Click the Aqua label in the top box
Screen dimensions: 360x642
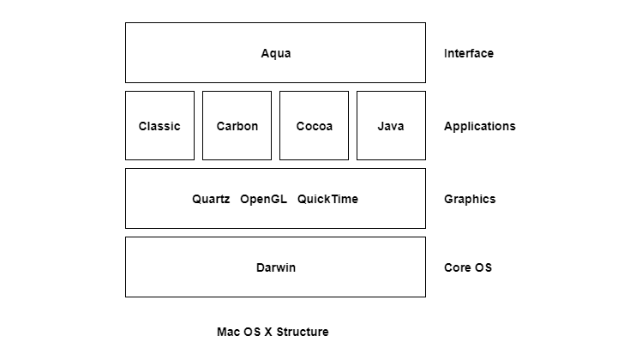[275, 53]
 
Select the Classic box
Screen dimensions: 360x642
[159, 125]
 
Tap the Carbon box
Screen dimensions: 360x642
[237, 125]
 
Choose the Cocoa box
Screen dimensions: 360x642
[314, 125]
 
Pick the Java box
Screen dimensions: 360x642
[391, 125]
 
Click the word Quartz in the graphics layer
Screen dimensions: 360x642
[211, 199]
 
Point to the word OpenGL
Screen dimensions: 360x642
[264, 199]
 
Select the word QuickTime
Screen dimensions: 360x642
[327, 199]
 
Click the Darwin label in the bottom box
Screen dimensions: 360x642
[275, 267]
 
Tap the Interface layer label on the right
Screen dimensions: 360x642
[468, 53]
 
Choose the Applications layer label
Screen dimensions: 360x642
[479, 126]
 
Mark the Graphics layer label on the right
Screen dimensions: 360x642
[469, 199]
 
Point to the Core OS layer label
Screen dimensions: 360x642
[467, 267]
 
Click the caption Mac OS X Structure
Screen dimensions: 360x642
[273, 332]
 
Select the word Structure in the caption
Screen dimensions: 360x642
[302, 332]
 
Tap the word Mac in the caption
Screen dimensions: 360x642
[228, 332]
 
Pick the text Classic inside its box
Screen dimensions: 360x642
[159, 126]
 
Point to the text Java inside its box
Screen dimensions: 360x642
[391, 126]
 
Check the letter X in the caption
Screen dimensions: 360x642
[267, 332]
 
